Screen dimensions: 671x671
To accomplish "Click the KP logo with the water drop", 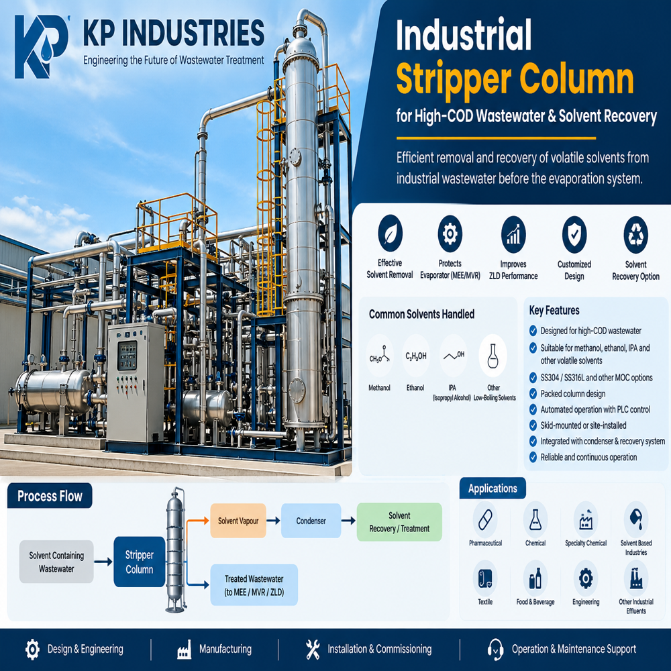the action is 41,47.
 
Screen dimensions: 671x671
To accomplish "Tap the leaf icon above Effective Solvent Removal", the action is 390,234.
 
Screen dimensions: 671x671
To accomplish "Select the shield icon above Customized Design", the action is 574,234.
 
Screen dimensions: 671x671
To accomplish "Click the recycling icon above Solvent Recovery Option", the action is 635,234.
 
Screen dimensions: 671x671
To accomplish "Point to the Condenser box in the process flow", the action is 311,521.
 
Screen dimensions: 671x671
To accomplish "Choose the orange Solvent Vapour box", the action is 238,521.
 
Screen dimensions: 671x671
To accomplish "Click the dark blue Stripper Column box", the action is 140,562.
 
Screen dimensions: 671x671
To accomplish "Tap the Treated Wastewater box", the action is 254,585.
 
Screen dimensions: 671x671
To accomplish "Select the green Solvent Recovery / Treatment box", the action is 399,522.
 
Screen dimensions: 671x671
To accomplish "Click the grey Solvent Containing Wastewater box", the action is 56,562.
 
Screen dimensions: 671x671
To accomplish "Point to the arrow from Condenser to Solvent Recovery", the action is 348,521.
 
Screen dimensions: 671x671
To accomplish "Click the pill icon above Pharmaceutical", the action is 485,520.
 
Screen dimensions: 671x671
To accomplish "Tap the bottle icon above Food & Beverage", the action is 535,578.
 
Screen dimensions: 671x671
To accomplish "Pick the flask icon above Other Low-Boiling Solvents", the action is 493,356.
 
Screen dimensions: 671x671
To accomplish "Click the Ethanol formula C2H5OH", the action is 415,356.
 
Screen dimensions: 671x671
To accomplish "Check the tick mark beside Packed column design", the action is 533,394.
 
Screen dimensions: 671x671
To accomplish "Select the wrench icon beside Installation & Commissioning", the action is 313,649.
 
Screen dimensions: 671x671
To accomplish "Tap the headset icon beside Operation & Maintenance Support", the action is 495,649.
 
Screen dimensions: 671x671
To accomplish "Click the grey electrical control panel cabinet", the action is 136,383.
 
